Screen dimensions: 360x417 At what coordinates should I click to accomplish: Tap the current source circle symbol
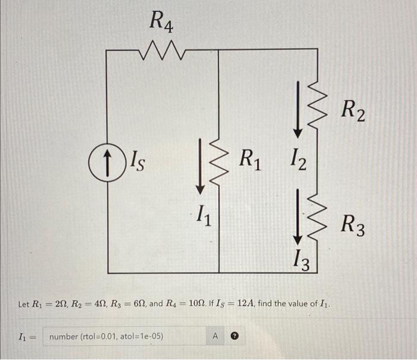point(106,159)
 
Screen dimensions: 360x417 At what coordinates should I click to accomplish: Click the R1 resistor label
point(250,159)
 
